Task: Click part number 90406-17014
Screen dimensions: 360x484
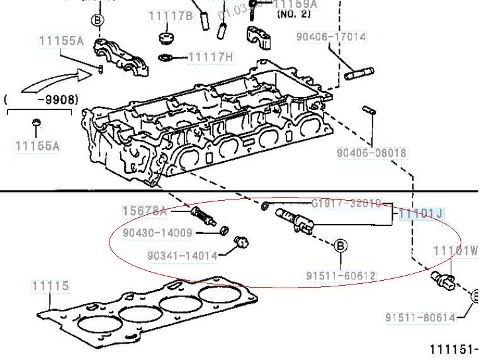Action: pyautogui.click(x=330, y=37)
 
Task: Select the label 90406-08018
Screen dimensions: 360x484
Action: pyautogui.click(x=371, y=152)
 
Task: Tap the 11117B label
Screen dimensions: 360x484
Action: pyautogui.click(x=171, y=16)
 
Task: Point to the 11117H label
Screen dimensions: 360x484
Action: pyautogui.click(x=211, y=57)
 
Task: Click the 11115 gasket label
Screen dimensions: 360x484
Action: pyautogui.click(x=50, y=286)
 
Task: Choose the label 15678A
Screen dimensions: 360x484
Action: pyautogui.click(x=145, y=211)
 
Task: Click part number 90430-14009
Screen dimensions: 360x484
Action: pyautogui.click(x=157, y=232)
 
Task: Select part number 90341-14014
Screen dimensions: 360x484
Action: pyautogui.click(x=183, y=256)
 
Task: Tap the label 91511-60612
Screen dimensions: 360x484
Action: pyautogui.click(x=341, y=276)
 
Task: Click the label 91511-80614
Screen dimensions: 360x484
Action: pyautogui.click(x=420, y=318)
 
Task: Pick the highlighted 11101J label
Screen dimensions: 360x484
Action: pyautogui.click(x=421, y=215)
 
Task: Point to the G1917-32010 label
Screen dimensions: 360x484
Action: pyautogui.click(x=346, y=203)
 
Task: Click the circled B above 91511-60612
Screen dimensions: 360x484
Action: pyautogui.click(x=340, y=245)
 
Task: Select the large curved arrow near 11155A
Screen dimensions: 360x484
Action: pyautogui.click(x=53, y=80)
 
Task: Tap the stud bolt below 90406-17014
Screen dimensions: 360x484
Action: pyautogui.click(x=359, y=74)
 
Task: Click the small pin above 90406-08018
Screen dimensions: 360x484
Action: pyautogui.click(x=369, y=110)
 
